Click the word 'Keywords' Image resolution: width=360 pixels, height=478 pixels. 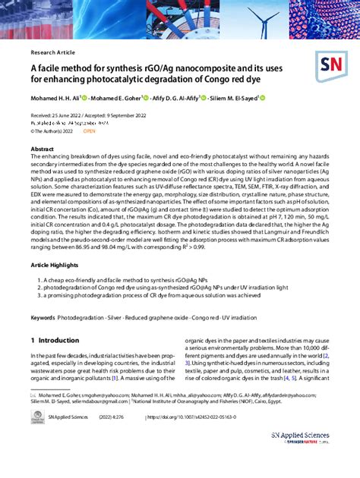click(x=43, y=316)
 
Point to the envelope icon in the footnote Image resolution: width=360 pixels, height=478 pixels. click(x=33, y=395)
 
